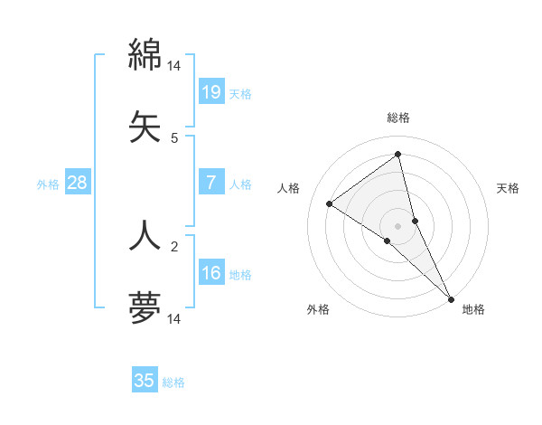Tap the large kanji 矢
tap(145, 126)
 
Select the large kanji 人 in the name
tap(145, 234)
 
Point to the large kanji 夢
tap(145, 307)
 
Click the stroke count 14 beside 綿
tap(174, 66)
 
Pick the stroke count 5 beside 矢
tap(174, 138)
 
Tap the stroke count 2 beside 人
tap(174, 246)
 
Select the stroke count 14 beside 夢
tap(174, 318)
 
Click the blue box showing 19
tap(210, 91)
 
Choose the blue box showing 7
tap(210, 183)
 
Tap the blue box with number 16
tap(210, 273)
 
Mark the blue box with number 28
tap(77, 183)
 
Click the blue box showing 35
tap(145, 381)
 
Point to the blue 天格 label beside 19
tap(240, 93)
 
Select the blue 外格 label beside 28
tap(48, 184)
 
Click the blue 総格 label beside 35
tap(173, 382)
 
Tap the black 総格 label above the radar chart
tap(398, 118)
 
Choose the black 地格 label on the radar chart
tap(473, 309)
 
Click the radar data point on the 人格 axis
tap(329, 203)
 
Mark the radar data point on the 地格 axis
tap(451, 297)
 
